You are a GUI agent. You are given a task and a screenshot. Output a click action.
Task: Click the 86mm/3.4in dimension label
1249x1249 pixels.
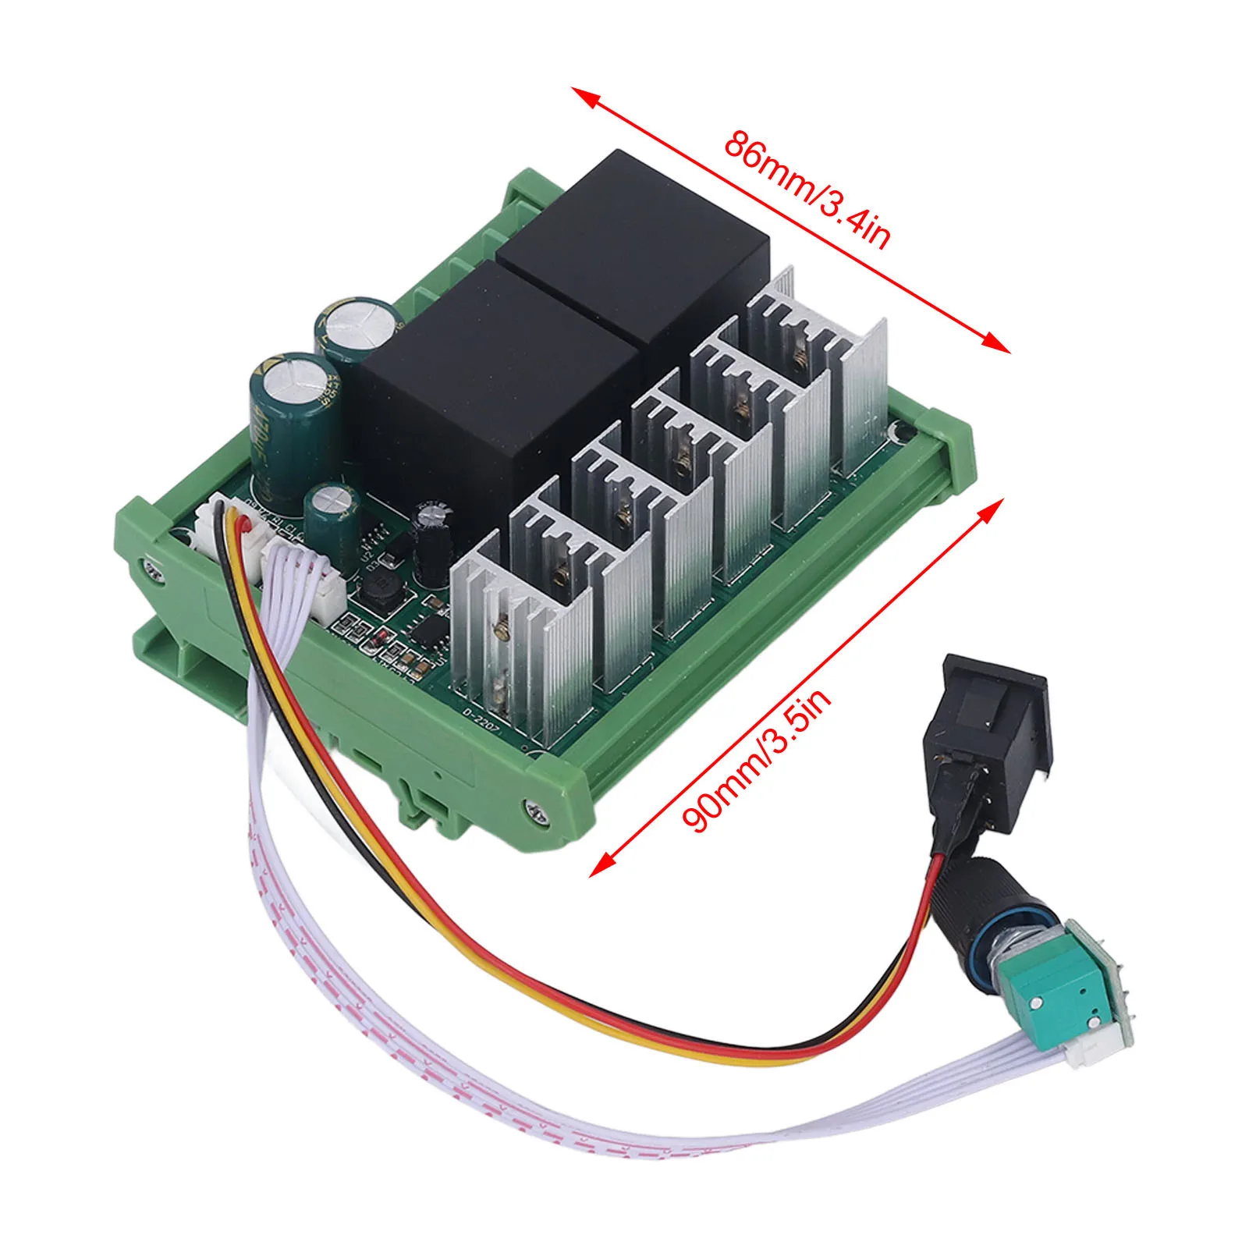807,189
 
